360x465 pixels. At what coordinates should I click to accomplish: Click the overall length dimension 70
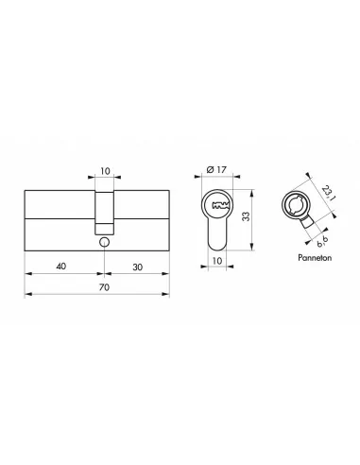(x=96, y=285)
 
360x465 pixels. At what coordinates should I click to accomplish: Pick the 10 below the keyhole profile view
(x=218, y=262)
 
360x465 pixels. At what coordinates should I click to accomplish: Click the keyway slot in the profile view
(x=219, y=206)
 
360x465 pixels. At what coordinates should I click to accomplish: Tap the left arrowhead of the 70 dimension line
(x=26, y=295)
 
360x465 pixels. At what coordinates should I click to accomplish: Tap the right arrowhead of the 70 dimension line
(x=170, y=295)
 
